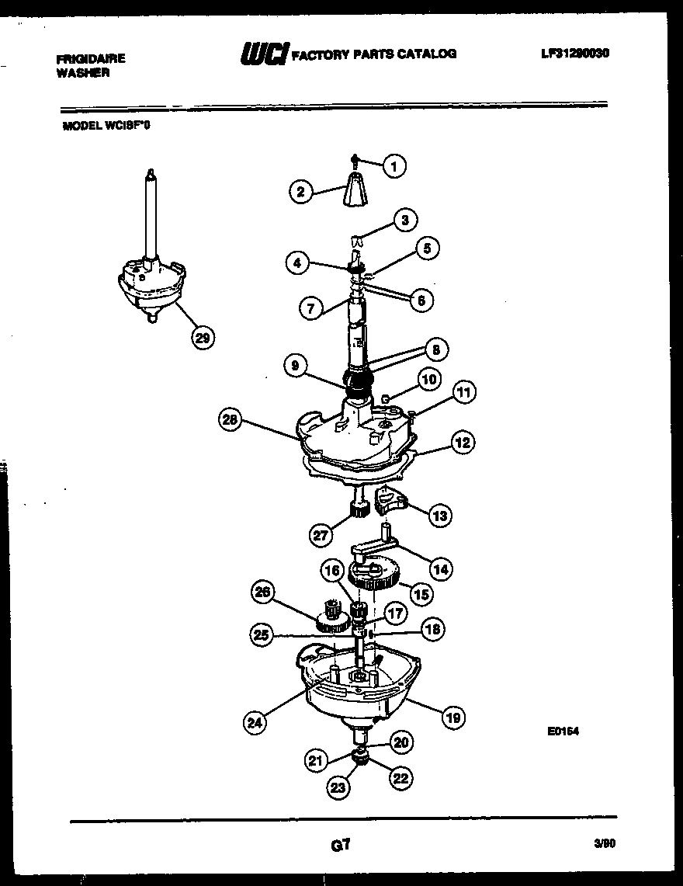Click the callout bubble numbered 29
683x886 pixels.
tap(203, 337)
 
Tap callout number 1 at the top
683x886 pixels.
tap(394, 165)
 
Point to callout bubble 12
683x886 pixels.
tap(463, 443)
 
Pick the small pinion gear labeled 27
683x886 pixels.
tap(359, 509)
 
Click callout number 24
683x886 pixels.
tap(255, 722)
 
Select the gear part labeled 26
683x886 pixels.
tap(333, 615)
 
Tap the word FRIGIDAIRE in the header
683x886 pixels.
tap(91, 58)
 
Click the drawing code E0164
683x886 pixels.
tap(563, 731)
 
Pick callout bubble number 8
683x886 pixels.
tap(436, 350)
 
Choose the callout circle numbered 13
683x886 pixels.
tap(439, 515)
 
